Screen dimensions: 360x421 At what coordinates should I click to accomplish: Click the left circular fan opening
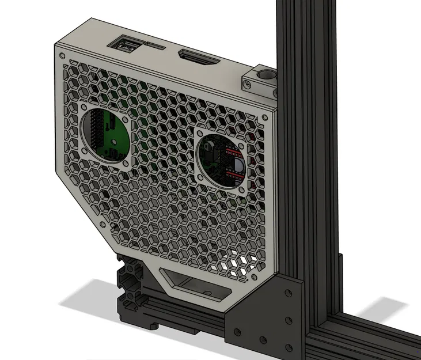pyautogui.click(x=107, y=135)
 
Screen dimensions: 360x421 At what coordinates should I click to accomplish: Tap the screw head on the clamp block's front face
pyautogui.click(x=247, y=84)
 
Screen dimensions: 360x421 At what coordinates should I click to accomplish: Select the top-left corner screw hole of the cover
pyautogui.click(x=60, y=54)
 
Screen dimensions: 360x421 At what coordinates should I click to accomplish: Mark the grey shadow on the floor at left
pyautogui.click(x=86, y=300)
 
